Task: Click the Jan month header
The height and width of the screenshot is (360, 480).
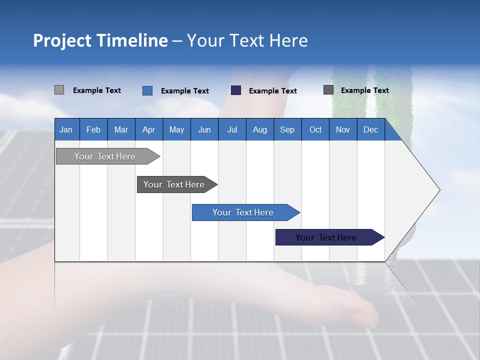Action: pyautogui.click(x=66, y=129)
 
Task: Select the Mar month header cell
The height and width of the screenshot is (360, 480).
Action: pyautogui.click(x=121, y=129)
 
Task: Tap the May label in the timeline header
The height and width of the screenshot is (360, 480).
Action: pyautogui.click(x=176, y=129)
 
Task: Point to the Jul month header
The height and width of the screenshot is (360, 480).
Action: pyautogui.click(x=232, y=129)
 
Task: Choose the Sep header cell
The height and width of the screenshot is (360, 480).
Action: pyautogui.click(x=287, y=129)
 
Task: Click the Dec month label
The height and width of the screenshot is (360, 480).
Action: pyautogui.click(x=370, y=129)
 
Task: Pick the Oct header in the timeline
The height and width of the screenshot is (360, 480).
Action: pyautogui.click(x=315, y=129)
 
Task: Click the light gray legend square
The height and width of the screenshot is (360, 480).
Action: pyautogui.click(x=59, y=90)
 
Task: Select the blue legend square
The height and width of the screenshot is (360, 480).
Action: pyautogui.click(x=147, y=90)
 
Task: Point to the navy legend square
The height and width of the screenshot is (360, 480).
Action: pyautogui.click(x=236, y=90)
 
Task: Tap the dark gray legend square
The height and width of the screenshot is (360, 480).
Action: pyautogui.click(x=328, y=90)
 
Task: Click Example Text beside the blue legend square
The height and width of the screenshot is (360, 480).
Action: pyautogui.click(x=185, y=91)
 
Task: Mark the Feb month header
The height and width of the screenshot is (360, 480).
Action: pyautogui.click(x=93, y=129)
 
